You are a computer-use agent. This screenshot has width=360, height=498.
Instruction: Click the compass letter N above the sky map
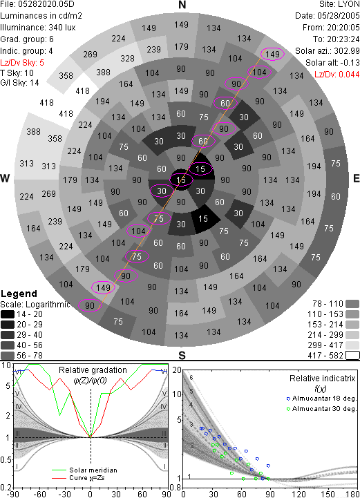(182, 5)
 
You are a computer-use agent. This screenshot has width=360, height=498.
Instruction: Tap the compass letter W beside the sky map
(5, 178)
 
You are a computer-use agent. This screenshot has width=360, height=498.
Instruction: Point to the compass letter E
(356, 178)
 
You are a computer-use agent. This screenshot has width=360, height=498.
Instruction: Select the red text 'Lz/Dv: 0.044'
(337, 75)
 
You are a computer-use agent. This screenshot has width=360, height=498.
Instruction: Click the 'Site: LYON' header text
(339, 4)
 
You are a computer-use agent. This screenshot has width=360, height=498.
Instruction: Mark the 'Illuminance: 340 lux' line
(38, 28)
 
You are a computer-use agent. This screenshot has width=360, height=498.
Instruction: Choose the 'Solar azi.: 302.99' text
(328, 51)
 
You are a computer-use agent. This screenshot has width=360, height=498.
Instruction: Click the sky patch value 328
(127, 59)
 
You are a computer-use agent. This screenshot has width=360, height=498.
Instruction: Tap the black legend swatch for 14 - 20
(8, 314)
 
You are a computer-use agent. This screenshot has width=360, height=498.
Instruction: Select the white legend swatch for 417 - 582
(352, 356)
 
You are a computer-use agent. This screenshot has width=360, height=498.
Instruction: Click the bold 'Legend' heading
(19, 294)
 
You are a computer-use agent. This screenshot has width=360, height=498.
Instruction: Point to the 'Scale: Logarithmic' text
(35, 305)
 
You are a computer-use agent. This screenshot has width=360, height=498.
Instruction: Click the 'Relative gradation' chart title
(93, 370)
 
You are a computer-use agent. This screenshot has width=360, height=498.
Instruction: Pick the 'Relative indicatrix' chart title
(323, 379)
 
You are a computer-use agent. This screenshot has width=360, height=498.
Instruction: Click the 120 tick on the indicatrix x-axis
(299, 494)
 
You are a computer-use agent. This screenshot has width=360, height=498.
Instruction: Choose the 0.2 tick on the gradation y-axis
(6, 488)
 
